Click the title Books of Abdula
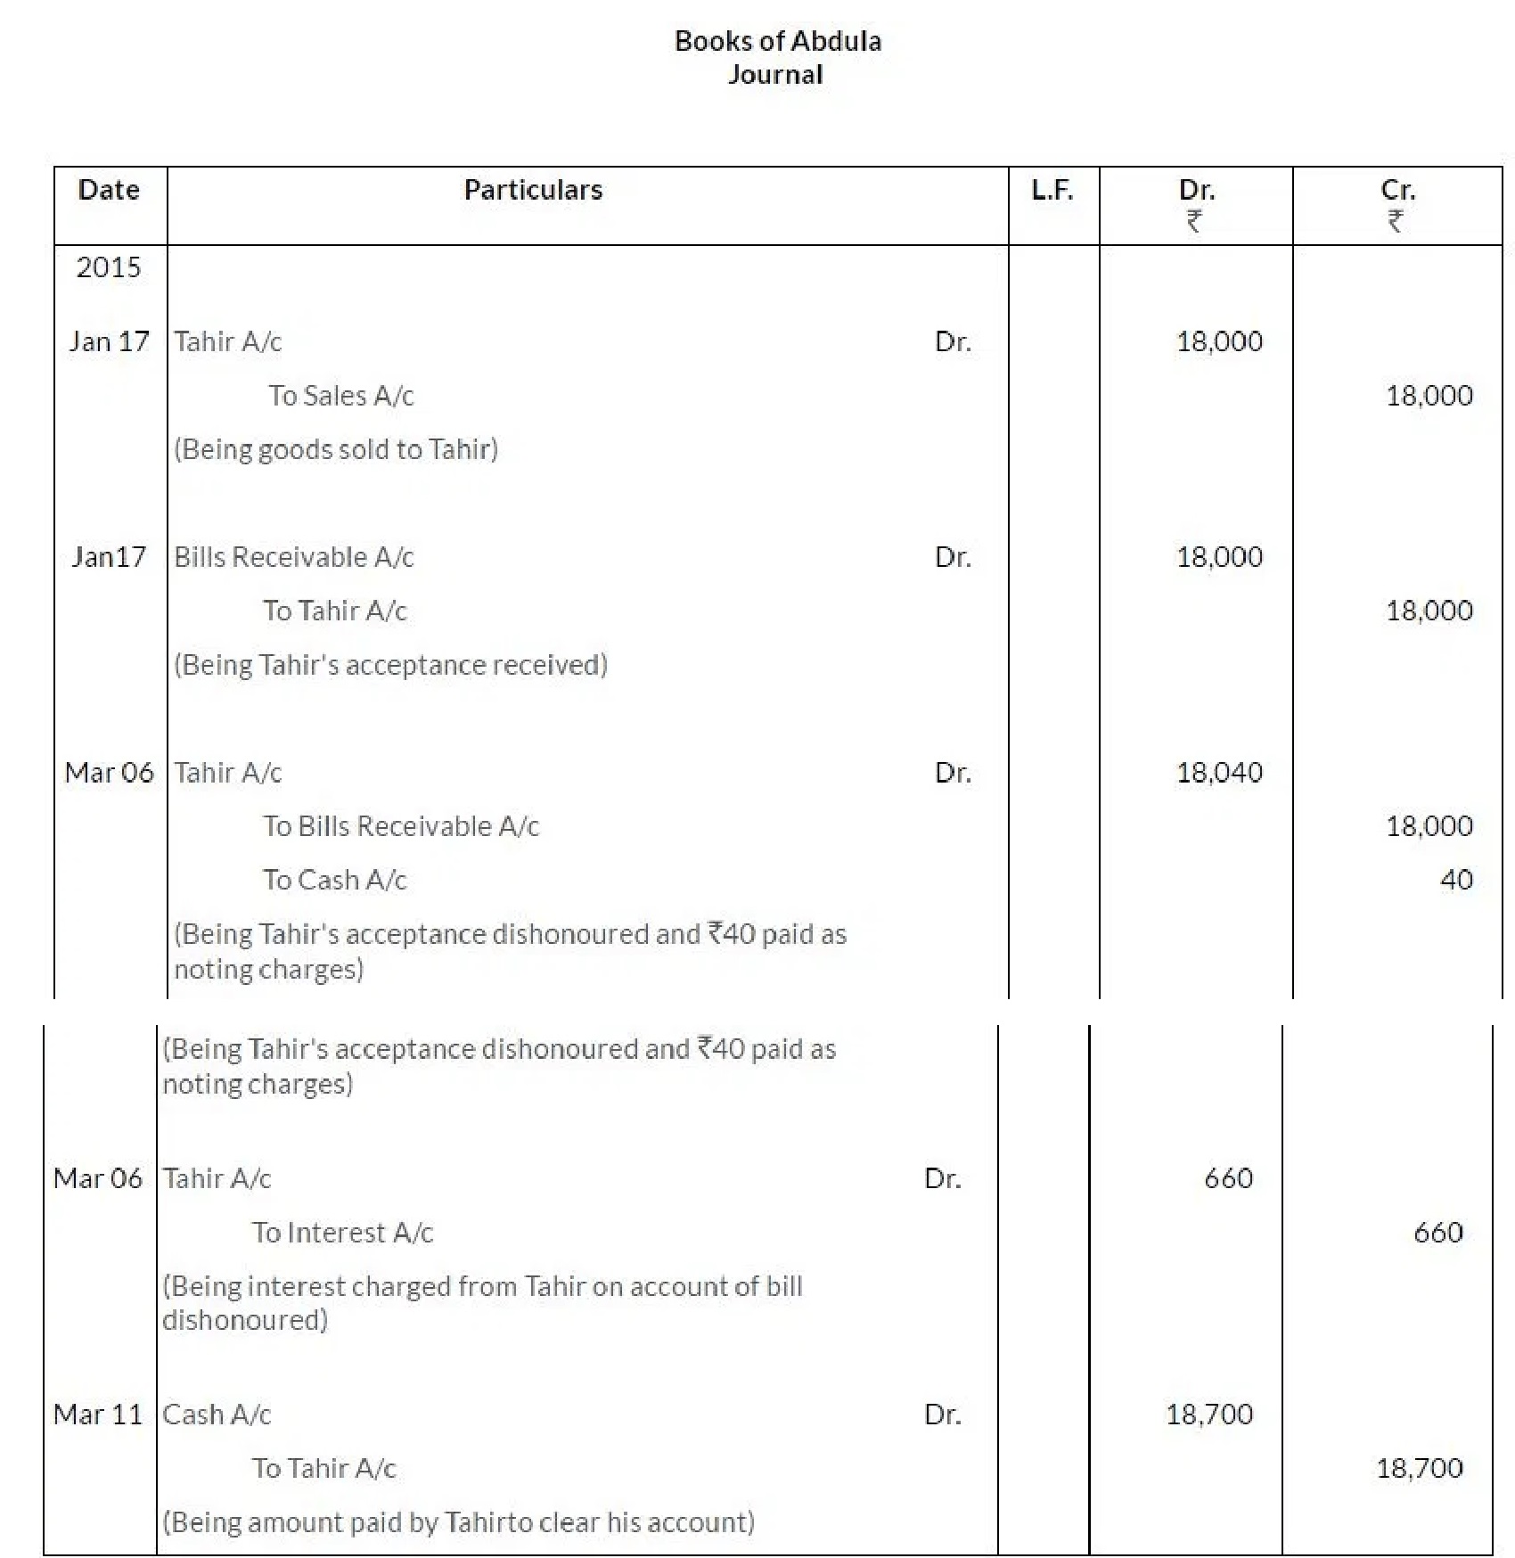point(777,41)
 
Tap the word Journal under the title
point(775,74)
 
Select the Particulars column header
point(533,190)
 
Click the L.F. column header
point(1052,190)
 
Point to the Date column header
point(109,190)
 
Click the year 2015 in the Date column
point(109,267)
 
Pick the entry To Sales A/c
point(341,396)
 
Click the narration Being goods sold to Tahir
point(336,449)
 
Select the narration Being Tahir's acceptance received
point(390,665)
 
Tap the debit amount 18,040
point(1219,773)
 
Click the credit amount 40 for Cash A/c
point(1456,881)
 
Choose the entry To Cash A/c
point(334,881)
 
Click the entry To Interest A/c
point(342,1233)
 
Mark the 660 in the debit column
point(1228,1179)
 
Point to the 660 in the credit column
point(1437,1233)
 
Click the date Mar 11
point(98,1414)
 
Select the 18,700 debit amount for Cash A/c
point(1209,1414)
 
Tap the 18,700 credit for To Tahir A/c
point(1419,1468)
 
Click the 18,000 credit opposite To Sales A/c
point(1429,396)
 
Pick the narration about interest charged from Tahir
point(482,1302)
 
